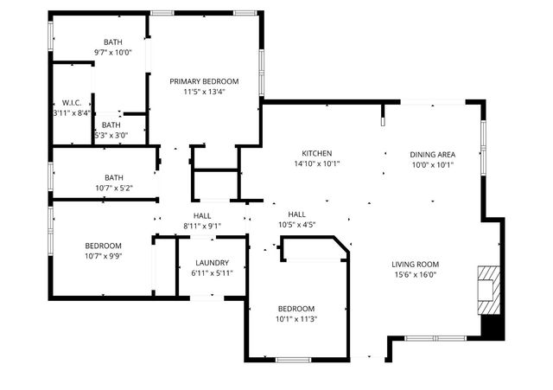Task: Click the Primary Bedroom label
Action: point(204,81)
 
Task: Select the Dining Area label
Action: point(432,155)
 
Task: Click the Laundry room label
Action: point(212,263)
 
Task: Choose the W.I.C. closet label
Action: point(72,102)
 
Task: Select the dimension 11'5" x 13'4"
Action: point(204,92)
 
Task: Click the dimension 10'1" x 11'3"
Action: point(296,318)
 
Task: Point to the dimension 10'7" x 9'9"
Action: point(103,256)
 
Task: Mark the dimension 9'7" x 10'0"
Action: point(113,52)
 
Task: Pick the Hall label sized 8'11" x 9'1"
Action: point(202,215)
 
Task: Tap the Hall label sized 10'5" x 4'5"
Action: point(296,214)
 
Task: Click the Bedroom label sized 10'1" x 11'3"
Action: point(296,309)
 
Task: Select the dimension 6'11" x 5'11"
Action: point(212,273)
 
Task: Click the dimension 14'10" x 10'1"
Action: point(317,163)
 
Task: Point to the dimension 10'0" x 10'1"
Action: point(432,165)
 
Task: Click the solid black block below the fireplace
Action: point(491,328)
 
